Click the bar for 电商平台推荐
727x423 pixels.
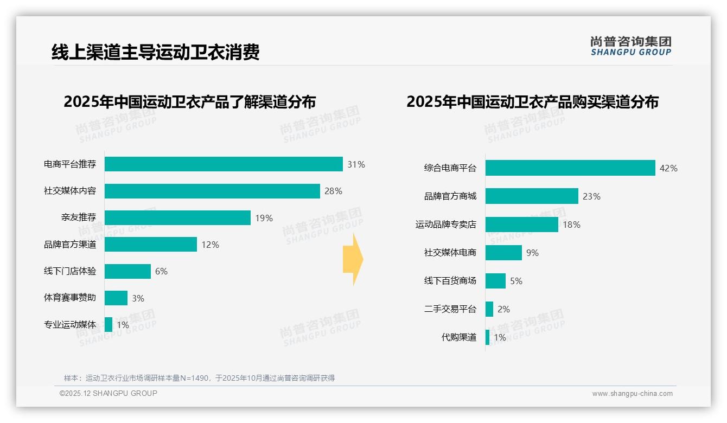224,164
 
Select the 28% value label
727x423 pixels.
333,191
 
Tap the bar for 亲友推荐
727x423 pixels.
177,218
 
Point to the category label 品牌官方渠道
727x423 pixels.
70,245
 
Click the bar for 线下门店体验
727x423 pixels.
127,271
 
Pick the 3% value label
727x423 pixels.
138,298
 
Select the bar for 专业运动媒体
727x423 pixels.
109,325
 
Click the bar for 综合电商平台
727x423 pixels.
570,168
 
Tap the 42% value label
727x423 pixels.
668,168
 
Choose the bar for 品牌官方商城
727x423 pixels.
532,196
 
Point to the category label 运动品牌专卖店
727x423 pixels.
446,225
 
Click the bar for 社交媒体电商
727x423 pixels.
503,253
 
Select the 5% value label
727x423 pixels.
516,281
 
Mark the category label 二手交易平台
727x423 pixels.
450,309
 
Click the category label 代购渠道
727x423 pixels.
459,337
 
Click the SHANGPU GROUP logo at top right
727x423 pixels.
631,46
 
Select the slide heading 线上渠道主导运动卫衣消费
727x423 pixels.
156,52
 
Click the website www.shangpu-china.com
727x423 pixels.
632,394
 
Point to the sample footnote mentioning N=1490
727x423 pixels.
199,378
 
